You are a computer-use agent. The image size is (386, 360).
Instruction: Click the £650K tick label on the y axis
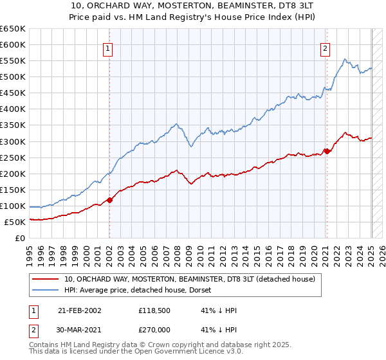pos(13,29)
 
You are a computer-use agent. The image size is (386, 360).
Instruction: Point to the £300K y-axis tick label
pos(13,141)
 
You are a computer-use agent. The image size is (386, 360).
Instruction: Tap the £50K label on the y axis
pos(15,222)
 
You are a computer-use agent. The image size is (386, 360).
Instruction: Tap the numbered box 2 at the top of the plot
pos(326,48)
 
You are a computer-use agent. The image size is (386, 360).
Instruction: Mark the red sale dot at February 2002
pos(109,200)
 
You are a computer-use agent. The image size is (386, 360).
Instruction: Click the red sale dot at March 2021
pos(326,151)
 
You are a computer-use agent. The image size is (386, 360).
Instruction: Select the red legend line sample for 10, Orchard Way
pos(46,279)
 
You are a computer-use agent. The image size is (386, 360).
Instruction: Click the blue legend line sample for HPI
pos(46,290)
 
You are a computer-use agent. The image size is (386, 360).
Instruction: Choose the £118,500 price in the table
pos(152,310)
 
